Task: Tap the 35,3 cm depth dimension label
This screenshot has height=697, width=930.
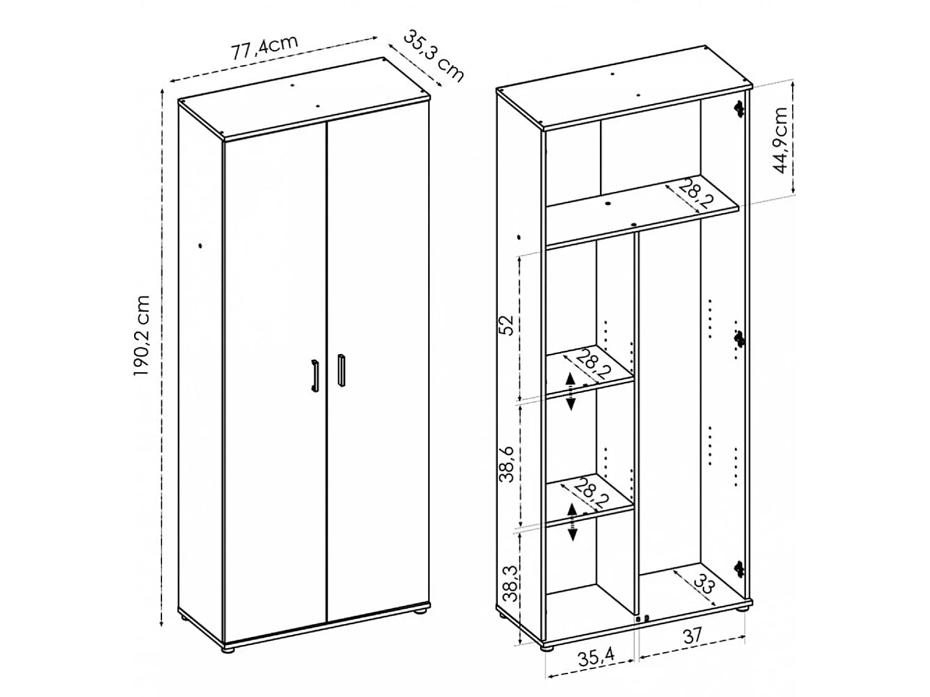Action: [433, 55]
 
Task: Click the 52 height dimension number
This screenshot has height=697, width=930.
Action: [508, 325]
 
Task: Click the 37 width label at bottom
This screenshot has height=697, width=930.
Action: [692, 636]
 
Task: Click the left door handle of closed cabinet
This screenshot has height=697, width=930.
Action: [314, 376]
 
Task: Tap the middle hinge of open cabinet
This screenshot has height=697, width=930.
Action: [739, 339]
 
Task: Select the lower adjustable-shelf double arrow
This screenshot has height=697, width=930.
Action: [572, 521]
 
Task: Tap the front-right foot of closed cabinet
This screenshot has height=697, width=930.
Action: [420, 611]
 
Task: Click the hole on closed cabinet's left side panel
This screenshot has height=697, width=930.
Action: [200, 246]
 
